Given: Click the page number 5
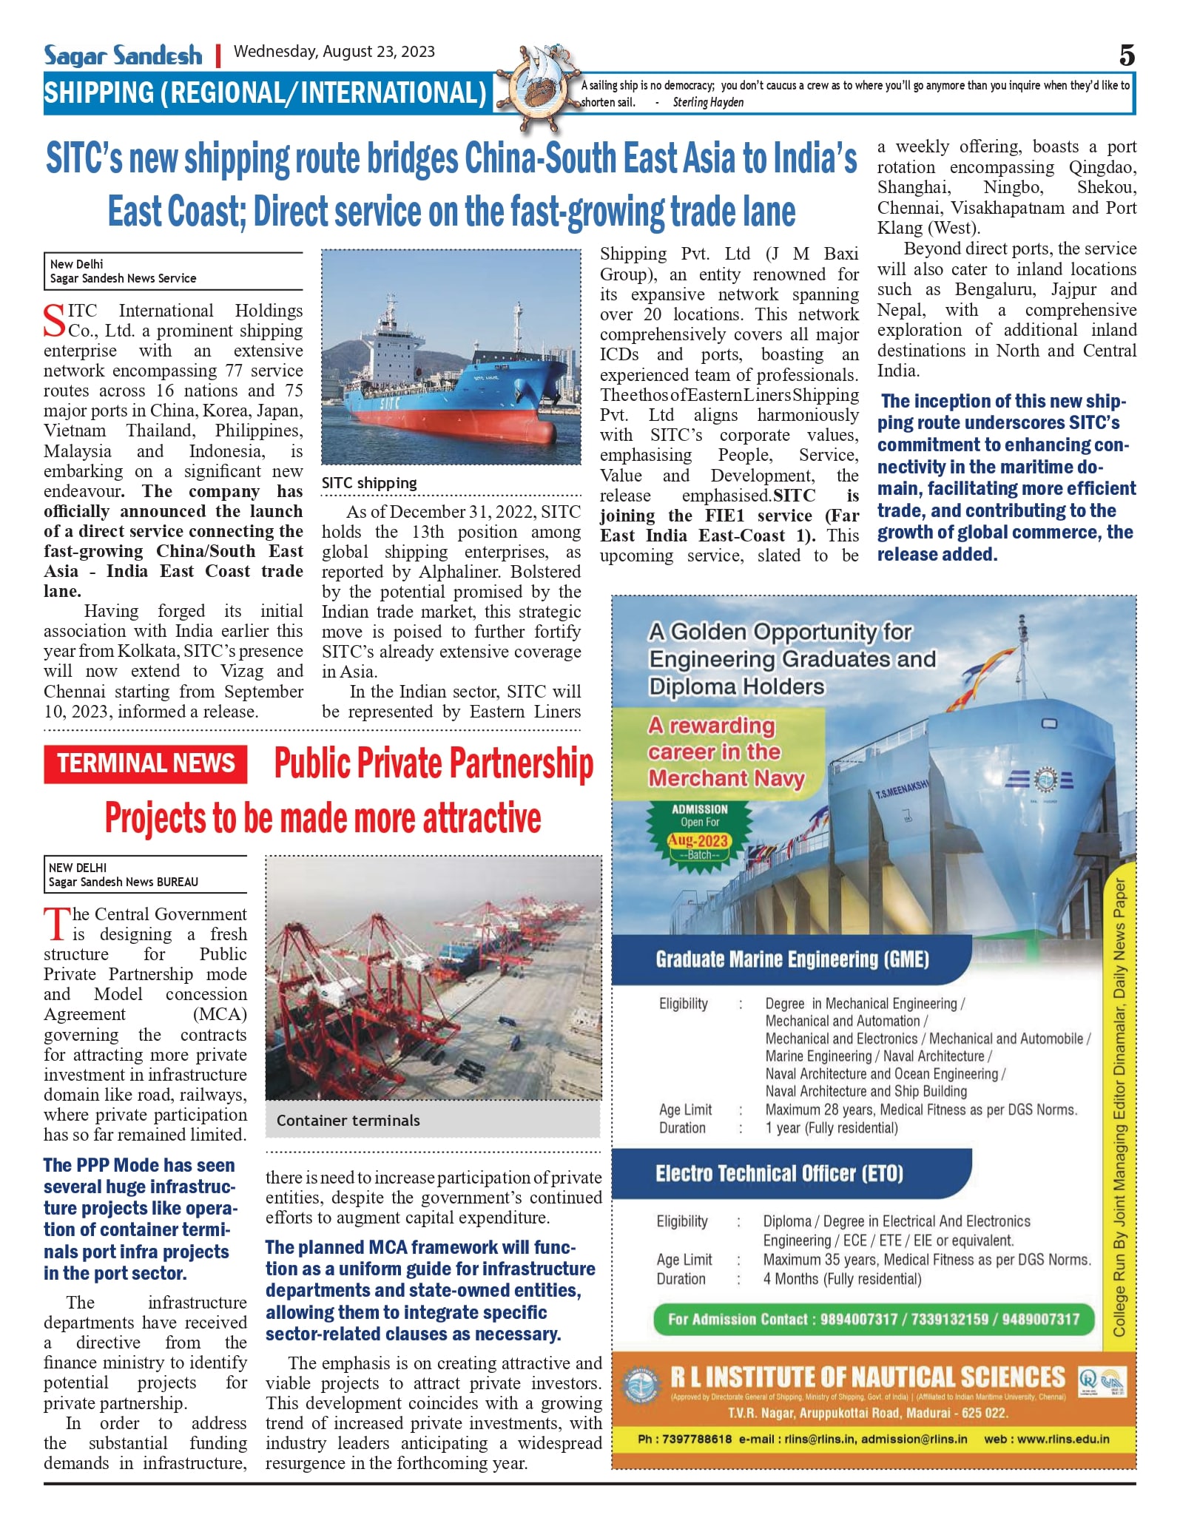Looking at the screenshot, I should point(1127,55).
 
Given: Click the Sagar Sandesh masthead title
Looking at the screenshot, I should point(123,55).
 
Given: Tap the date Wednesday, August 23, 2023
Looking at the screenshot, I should point(334,52).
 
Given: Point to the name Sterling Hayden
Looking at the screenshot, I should point(708,103).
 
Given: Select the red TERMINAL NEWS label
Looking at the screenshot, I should point(146,763).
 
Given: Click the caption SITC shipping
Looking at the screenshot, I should point(369,483).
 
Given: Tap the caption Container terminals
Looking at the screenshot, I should point(348,1121).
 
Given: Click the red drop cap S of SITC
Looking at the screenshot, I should point(55,320).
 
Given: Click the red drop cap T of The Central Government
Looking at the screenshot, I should point(56,924).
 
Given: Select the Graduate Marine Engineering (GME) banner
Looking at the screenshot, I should point(792,959).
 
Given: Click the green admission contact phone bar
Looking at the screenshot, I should point(873,1319).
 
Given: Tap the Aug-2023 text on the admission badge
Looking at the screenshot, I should point(699,840).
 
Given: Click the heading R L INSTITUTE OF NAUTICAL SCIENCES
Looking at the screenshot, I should point(867,1377).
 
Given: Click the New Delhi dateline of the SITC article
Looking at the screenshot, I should point(77,264).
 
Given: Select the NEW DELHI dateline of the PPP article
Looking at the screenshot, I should point(78,868).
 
